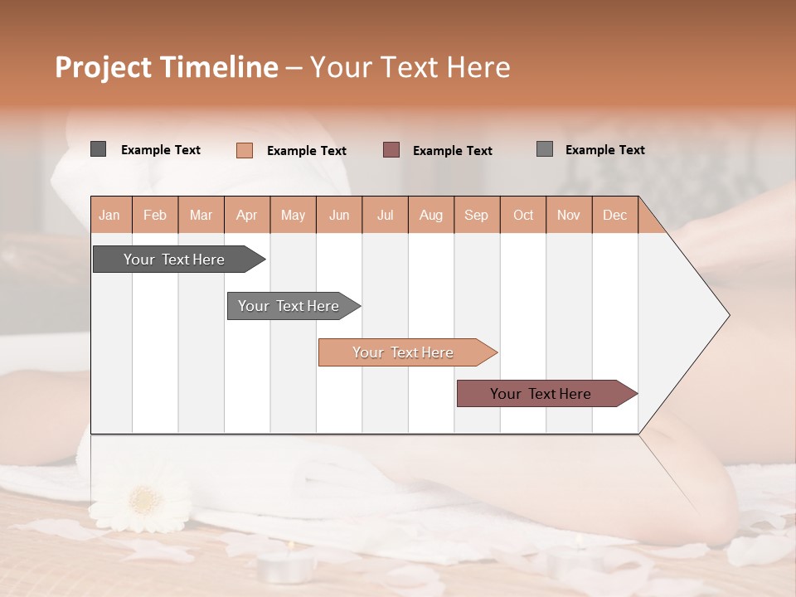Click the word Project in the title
click(x=102, y=67)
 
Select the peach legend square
click(x=245, y=150)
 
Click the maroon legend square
click(x=391, y=150)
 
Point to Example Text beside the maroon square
click(x=452, y=151)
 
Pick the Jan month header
click(x=109, y=216)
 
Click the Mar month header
click(x=201, y=216)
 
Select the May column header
click(x=293, y=216)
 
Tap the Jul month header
click(x=385, y=216)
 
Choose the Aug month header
click(x=430, y=216)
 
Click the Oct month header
click(x=522, y=216)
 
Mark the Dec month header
click(x=614, y=216)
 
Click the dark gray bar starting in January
click(x=174, y=260)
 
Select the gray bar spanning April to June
click(x=289, y=306)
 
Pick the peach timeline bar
click(x=403, y=352)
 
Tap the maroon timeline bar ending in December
click(x=541, y=394)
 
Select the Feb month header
click(x=155, y=216)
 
